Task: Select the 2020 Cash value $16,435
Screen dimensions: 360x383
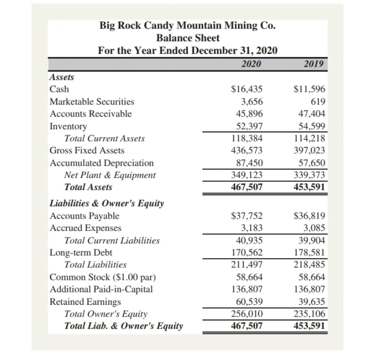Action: click(x=246, y=89)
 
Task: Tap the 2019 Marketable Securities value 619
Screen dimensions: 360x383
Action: click(x=317, y=101)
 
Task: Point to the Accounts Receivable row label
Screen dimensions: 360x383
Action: click(x=91, y=114)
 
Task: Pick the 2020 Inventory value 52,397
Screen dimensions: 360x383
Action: click(x=250, y=126)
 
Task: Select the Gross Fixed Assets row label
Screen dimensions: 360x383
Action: click(x=87, y=150)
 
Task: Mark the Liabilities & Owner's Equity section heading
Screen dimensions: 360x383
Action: click(x=107, y=204)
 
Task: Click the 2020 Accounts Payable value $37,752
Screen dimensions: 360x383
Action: click(x=246, y=216)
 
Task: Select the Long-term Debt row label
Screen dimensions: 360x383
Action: click(x=81, y=253)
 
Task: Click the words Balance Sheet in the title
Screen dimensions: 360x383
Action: click(x=188, y=38)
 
